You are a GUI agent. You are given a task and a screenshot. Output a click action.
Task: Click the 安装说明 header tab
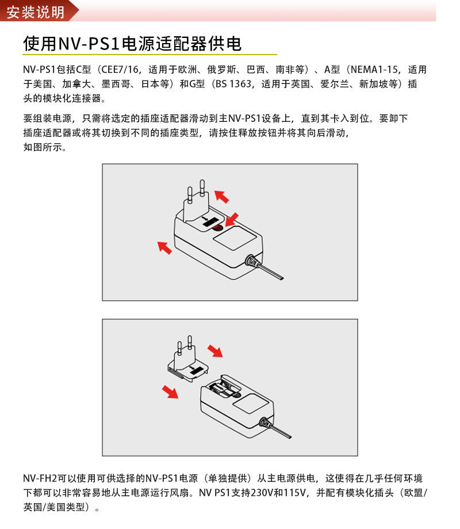tap(36, 12)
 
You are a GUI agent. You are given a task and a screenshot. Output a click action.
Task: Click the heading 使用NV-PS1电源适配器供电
tap(132, 44)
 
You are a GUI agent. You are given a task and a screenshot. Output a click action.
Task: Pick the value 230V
tap(262, 493)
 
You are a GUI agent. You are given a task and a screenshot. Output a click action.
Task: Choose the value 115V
tap(294, 493)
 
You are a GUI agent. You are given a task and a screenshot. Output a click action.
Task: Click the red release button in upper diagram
tap(217, 228)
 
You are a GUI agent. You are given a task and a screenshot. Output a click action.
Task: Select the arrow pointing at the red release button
tap(232, 220)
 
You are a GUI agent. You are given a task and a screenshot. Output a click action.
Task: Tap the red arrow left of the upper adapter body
tap(164, 247)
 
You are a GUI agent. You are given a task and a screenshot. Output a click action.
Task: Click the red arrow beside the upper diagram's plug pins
tap(222, 197)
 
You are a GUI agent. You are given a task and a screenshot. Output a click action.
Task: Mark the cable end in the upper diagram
tap(281, 278)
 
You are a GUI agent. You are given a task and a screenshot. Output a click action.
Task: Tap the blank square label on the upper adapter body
tap(234, 237)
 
